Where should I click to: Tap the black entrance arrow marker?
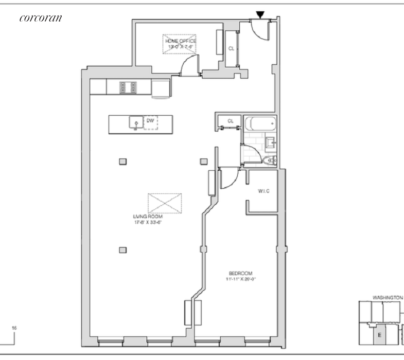pyautogui.click(x=260, y=16)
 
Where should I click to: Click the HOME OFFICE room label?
pyautogui.click(x=180, y=41)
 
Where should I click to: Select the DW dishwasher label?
pyautogui.click(x=150, y=120)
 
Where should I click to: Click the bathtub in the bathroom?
pyautogui.click(x=259, y=124)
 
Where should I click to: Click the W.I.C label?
pyautogui.click(x=264, y=191)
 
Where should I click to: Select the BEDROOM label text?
pyautogui.click(x=240, y=273)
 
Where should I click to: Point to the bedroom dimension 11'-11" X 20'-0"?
pyautogui.click(x=240, y=280)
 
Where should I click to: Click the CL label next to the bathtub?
pyautogui.click(x=230, y=121)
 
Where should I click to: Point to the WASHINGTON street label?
pyautogui.click(x=387, y=297)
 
